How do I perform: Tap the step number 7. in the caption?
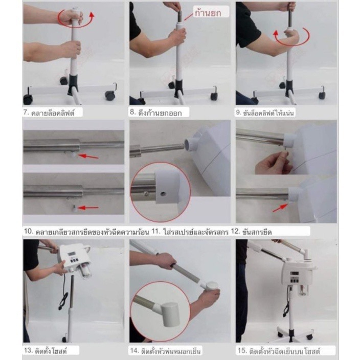coord(27,112)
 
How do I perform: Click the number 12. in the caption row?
coord(235,231)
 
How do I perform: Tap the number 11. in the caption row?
coord(156,232)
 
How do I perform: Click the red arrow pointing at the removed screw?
coord(88,208)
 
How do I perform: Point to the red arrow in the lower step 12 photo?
coord(280,208)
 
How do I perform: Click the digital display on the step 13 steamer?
coord(71,255)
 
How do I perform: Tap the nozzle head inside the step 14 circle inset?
coord(169,314)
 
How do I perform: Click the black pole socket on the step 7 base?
coord(73,84)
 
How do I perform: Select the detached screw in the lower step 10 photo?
coord(75,208)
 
